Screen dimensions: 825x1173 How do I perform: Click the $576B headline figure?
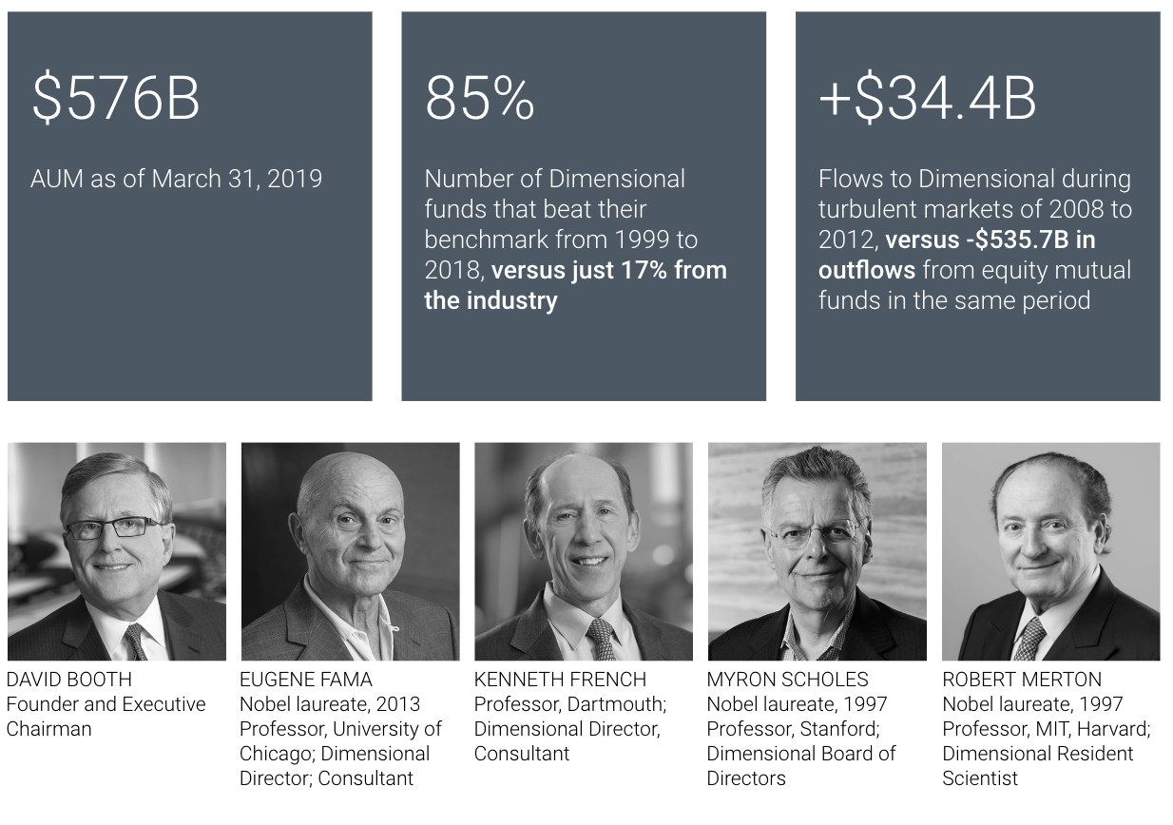click(115, 99)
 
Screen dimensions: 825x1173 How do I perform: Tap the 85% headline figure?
click(479, 99)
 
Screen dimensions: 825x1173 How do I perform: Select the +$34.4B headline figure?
click(927, 99)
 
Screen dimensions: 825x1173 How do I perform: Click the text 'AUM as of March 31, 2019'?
click(176, 179)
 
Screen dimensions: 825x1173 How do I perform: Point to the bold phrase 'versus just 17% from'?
click(609, 270)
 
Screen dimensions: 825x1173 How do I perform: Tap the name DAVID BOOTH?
click(69, 680)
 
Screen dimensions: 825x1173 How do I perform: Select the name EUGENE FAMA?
click(306, 680)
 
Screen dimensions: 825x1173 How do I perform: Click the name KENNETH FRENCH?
click(560, 680)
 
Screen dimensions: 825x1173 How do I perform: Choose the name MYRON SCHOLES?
click(787, 680)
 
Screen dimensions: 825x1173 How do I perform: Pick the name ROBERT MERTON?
click(1022, 680)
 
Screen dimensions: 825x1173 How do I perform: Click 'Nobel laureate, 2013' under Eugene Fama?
click(330, 704)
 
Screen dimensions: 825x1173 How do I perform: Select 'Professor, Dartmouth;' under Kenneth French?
click(570, 704)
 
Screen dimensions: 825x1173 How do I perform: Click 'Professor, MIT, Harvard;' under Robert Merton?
click(1046, 729)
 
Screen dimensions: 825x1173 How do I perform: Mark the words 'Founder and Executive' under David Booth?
click(106, 704)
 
